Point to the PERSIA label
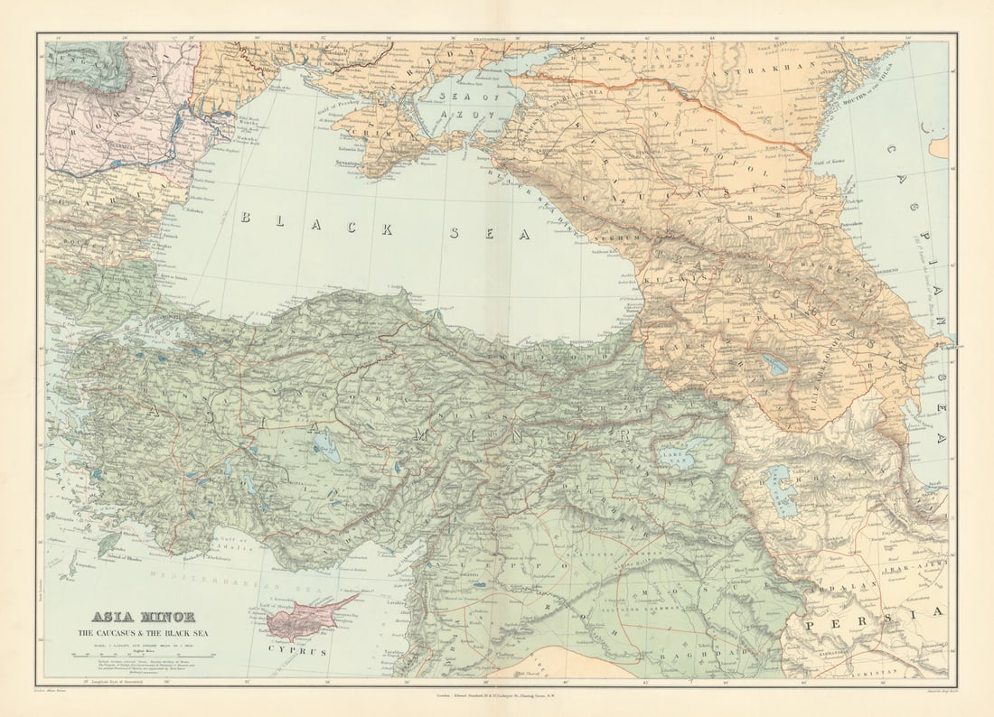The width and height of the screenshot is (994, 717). coord(873,624)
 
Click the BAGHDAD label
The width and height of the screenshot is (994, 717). coord(697,662)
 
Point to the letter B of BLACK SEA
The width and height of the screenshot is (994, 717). coord(245,218)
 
